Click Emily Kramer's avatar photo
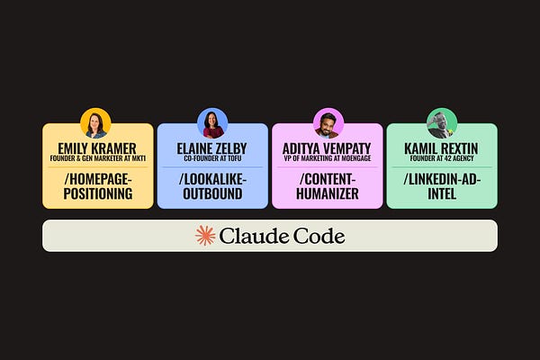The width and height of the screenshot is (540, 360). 95,122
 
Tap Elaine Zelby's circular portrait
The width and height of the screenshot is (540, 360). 212,122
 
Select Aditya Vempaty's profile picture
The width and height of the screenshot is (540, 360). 327,122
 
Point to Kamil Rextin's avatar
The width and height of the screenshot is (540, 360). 442,122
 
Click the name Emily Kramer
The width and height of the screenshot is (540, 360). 97,148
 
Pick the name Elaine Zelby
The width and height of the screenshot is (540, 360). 212,148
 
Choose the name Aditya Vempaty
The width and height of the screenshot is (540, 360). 327,148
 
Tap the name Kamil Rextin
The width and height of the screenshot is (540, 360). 442,148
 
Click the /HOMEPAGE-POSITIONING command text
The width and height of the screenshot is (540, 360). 97,185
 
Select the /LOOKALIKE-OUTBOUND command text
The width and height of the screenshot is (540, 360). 212,185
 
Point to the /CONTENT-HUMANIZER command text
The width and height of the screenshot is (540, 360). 327,185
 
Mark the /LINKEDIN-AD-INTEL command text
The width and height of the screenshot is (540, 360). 442,185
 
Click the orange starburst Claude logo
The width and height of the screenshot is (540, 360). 206,236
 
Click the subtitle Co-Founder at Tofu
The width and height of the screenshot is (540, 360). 212,159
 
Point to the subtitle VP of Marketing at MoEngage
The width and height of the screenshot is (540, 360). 327,159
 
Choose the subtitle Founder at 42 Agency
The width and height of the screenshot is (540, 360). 442,159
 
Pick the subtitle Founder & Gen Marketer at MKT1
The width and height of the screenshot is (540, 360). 97,159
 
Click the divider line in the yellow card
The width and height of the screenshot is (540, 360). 97,167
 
